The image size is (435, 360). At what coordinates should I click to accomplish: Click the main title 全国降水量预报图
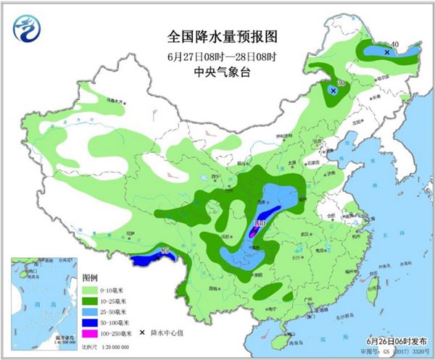(x=223, y=35)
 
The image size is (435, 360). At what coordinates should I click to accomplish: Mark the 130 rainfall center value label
(x=260, y=224)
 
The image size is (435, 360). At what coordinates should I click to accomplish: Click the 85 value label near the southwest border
(x=164, y=251)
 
